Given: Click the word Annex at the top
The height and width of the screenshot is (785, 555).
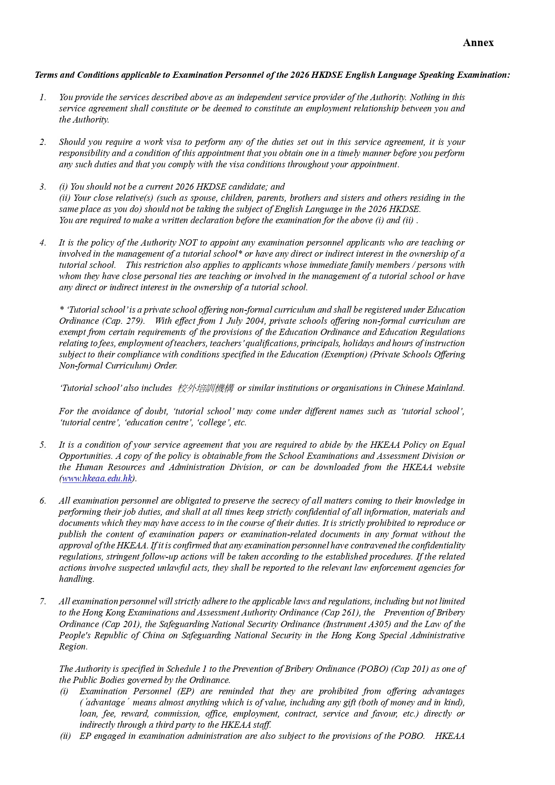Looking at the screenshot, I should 478,43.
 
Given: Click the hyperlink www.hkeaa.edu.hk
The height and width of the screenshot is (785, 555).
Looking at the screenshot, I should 97,479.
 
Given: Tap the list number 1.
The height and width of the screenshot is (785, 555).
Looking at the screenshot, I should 43,98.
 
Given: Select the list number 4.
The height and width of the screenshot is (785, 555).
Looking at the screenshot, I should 43,243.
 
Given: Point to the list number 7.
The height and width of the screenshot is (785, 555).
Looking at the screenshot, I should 43,602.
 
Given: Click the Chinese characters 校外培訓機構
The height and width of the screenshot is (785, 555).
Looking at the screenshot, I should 205,388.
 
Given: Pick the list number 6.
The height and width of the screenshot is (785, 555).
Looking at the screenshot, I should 43,501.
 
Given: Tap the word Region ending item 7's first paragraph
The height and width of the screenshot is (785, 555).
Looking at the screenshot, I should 73,647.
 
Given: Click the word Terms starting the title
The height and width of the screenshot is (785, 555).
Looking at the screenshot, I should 46,75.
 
